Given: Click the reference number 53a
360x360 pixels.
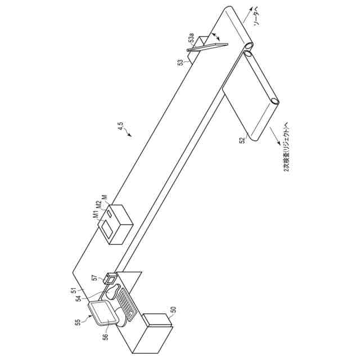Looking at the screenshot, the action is pyautogui.click(x=192, y=40).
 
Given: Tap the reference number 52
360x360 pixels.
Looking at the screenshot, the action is pyautogui.click(x=241, y=138).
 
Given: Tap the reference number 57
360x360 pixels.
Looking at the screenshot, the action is pyautogui.click(x=95, y=278).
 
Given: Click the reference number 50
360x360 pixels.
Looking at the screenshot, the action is pyautogui.click(x=173, y=309).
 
